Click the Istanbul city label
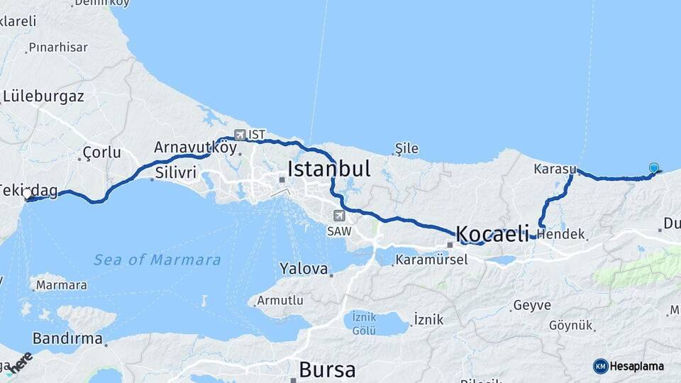pyautogui.click(x=329, y=169)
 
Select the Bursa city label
pyautogui.click(x=327, y=370)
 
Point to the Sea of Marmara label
pyautogui.click(x=157, y=260)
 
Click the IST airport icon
pyautogui.click(x=240, y=134)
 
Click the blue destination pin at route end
pyautogui.click(x=653, y=168)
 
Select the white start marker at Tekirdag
pyautogui.click(x=28, y=194)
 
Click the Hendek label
pyautogui.click(x=561, y=234)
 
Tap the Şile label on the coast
pyautogui.click(x=406, y=149)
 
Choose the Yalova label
pyautogui.click(x=304, y=269)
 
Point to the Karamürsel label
pyautogui.click(x=431, y=260)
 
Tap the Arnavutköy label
pyautogui.click(x=194, y=148)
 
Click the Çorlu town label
pyautogui.click(x=101, y=152)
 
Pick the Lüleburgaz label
pyautogui.click(x=43, y=96)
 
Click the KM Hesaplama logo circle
pyautogui.click(x=601, y=366)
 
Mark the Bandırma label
pyautogui.click(x=67, y=338)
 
